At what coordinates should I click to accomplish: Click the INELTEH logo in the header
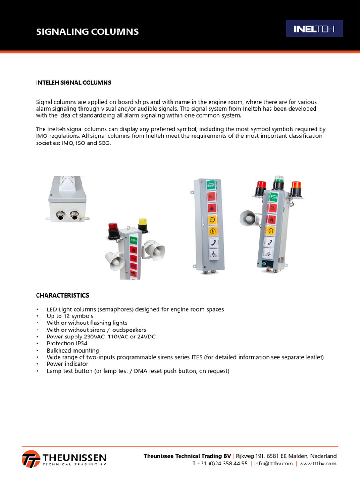tap(315, 29)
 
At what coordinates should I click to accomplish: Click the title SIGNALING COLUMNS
tap(88, 32)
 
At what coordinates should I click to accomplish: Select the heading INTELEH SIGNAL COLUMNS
tap(74, 82)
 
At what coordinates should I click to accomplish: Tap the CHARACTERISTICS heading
tap(62, 295)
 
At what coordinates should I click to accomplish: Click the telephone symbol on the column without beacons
tap(212, 243)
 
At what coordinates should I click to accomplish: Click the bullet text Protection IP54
tap(68, 344)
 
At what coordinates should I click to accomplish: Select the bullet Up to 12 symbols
tap(70, 316)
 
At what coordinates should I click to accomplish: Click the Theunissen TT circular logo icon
tap(31, 458)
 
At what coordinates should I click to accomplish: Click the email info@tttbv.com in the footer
tap(273, 463)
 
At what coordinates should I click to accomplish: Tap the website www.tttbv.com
tap(318, 463)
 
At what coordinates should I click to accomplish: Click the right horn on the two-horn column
tap(157, 250)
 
